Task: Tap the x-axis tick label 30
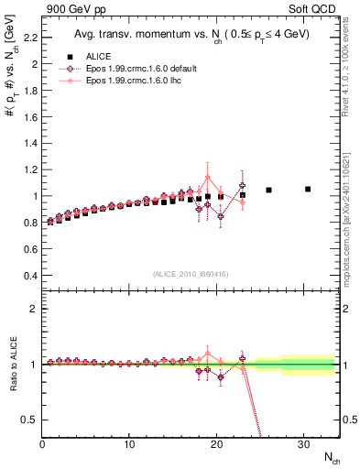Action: [304, 444]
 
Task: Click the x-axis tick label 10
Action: [129, 444]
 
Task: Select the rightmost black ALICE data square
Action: [308, 189]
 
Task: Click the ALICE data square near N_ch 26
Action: [268, 190]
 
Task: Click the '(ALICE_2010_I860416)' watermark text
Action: [190, 274]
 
